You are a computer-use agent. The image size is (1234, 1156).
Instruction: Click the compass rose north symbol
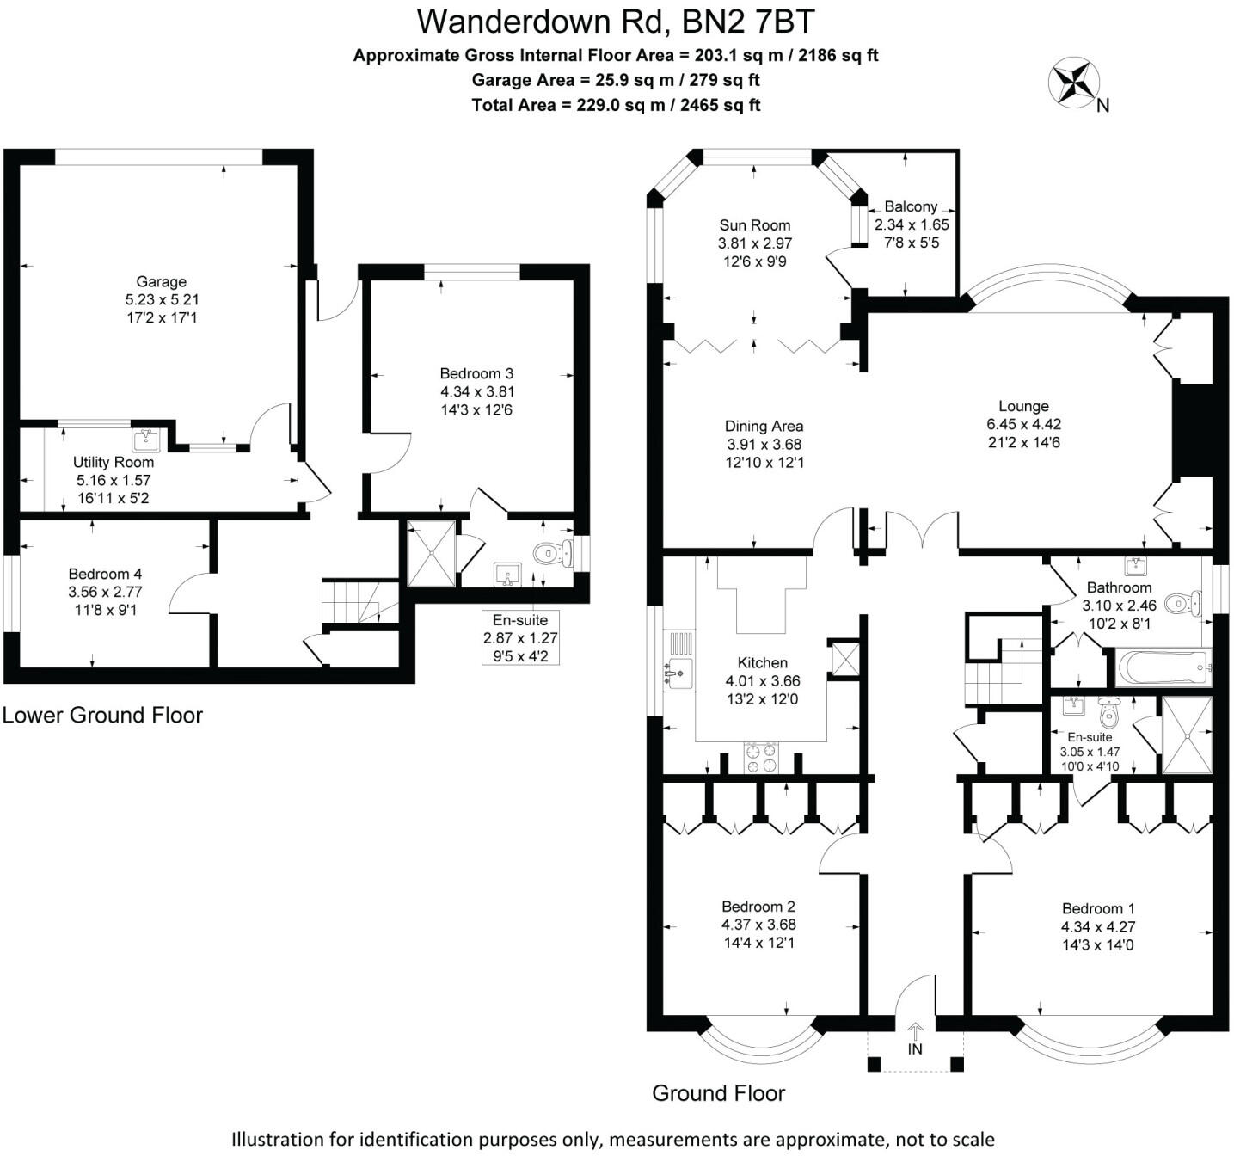pyautogui.click(x=1074, y=83)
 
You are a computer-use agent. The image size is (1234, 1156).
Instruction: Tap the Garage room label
pyautogui.click(x=161, y=281)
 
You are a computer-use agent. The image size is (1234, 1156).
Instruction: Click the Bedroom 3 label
pyautogui.click(x=476, y=373)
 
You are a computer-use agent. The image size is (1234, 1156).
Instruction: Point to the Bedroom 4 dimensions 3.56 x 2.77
pyautogui.click(x=105, y=592)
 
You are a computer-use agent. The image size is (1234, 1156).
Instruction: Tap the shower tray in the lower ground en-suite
pyautogui.click(x=431, y=553)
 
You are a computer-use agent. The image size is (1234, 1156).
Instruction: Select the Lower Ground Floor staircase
pyautogui.click(x=359, y=601)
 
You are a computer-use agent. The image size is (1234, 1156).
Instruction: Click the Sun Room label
pyautogui.click(x=755, y=225)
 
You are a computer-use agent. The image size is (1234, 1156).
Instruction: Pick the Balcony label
pyautogui.click(x=911, y=206)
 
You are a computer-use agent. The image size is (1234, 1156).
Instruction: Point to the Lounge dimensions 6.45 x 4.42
pyautogui.click(x=1023, y=424)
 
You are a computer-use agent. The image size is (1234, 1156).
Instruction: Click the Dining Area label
pyautogui.click(x=764, y=426)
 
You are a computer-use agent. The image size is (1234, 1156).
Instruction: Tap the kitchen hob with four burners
pyautogui.click(x=761, y=757)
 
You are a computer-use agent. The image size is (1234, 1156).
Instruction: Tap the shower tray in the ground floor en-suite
pyautogui.click(x=1187, y=735)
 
